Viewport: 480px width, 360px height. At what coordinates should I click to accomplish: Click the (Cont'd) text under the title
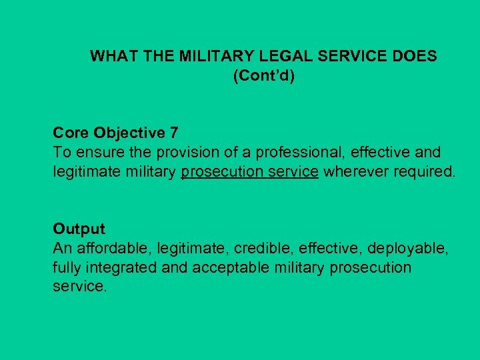pos(264,76)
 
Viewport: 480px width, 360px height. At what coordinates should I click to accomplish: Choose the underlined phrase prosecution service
pos(249,172)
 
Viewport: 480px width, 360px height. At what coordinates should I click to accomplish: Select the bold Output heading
pos(79,229)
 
